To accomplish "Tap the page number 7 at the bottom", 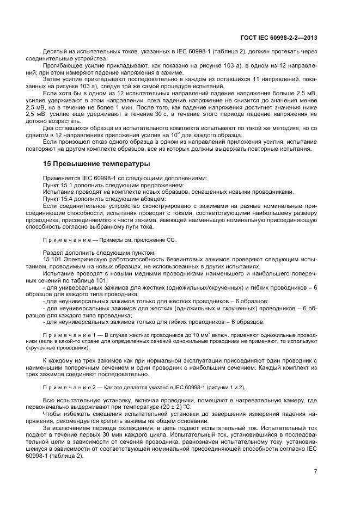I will pyautogui.click(x=315, y=471).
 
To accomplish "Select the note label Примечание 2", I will pyautogui.click(x=66, y=387).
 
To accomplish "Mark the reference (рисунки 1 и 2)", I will pyautogui.click(x=223, y=387).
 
